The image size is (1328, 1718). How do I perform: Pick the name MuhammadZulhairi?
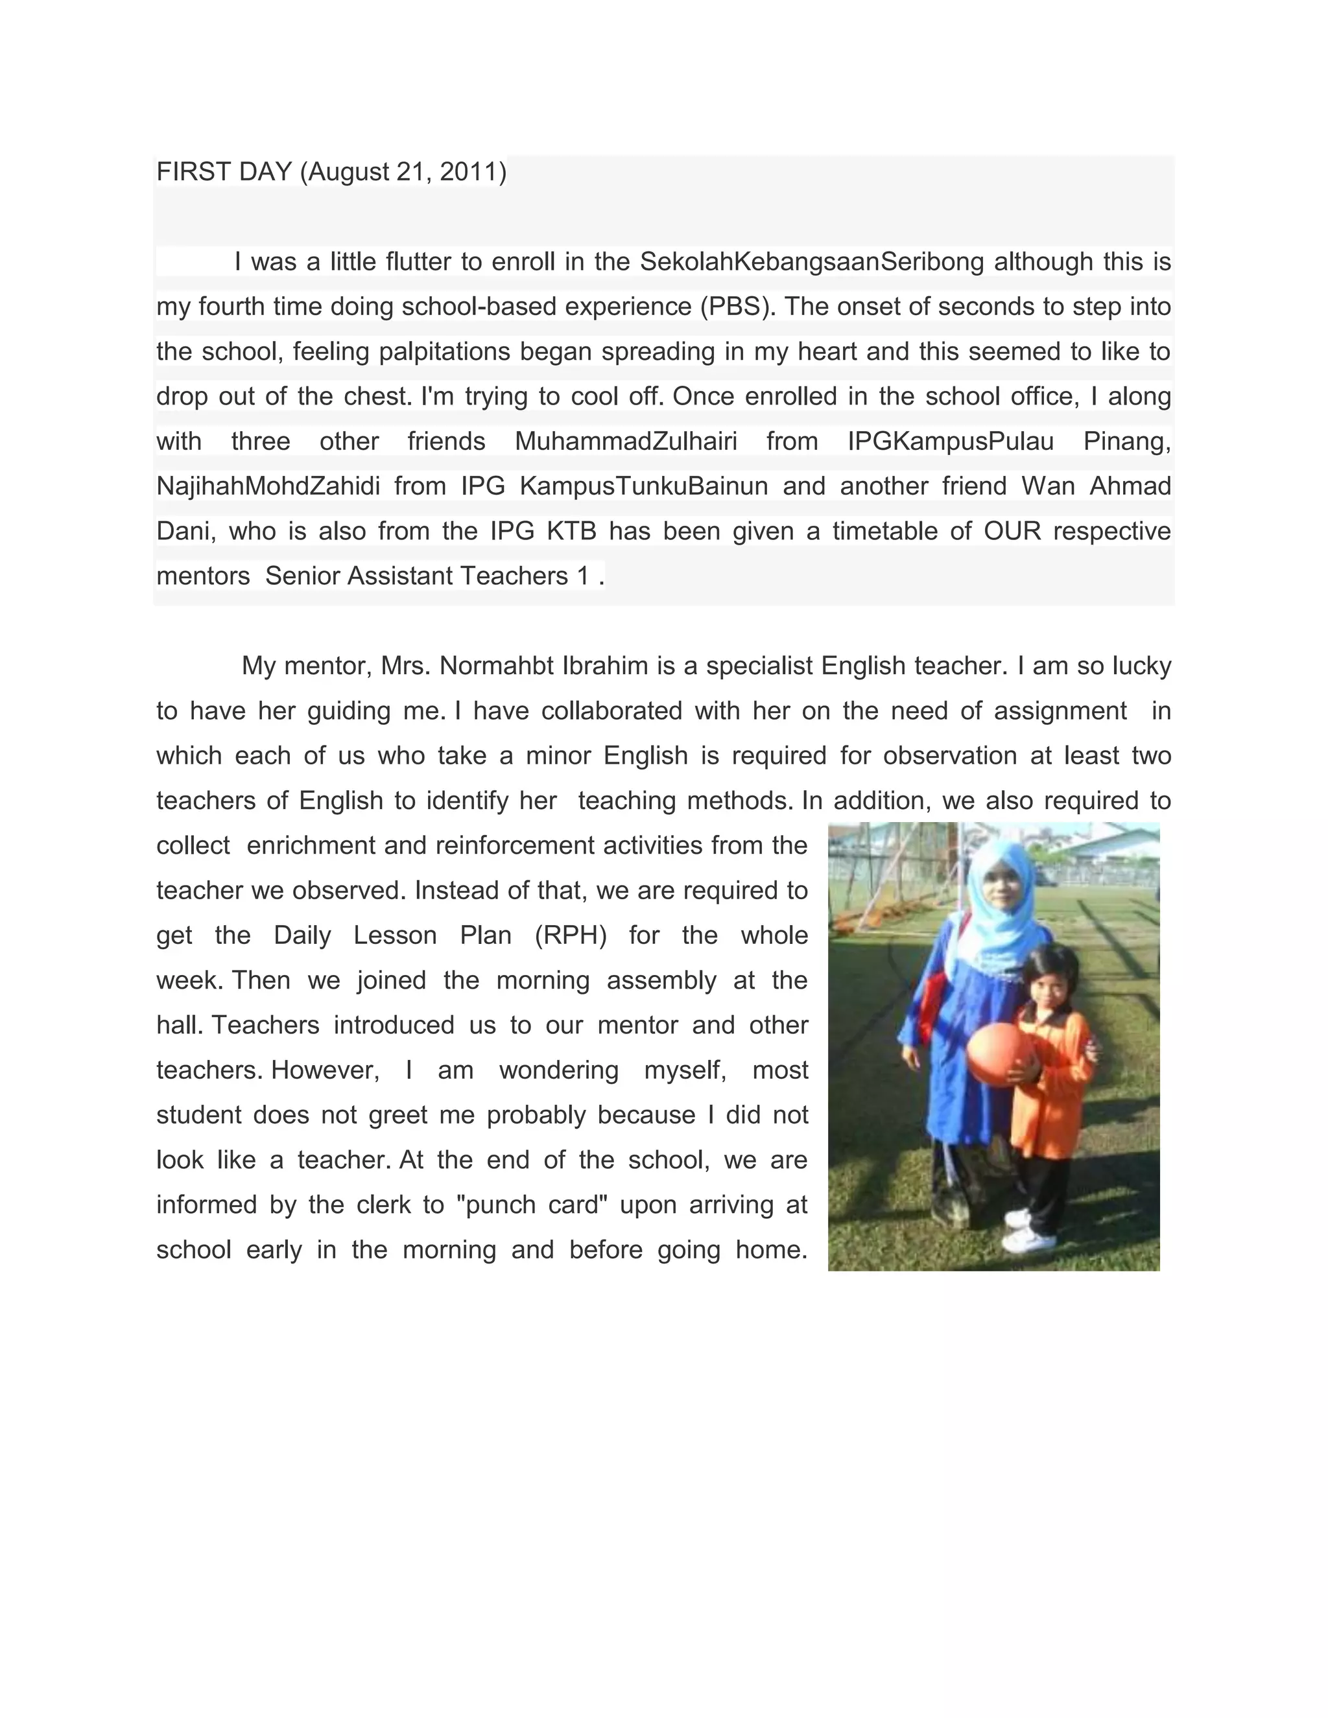pyautogui.click(x=626, y=441)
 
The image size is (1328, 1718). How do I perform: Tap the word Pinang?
pyautogui.click(x=1126, y=441)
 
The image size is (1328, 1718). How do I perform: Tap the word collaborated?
pyautogui.click(x=611, y=711)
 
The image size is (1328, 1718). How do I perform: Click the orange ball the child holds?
pyautogui.click(x=996, y=1054)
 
